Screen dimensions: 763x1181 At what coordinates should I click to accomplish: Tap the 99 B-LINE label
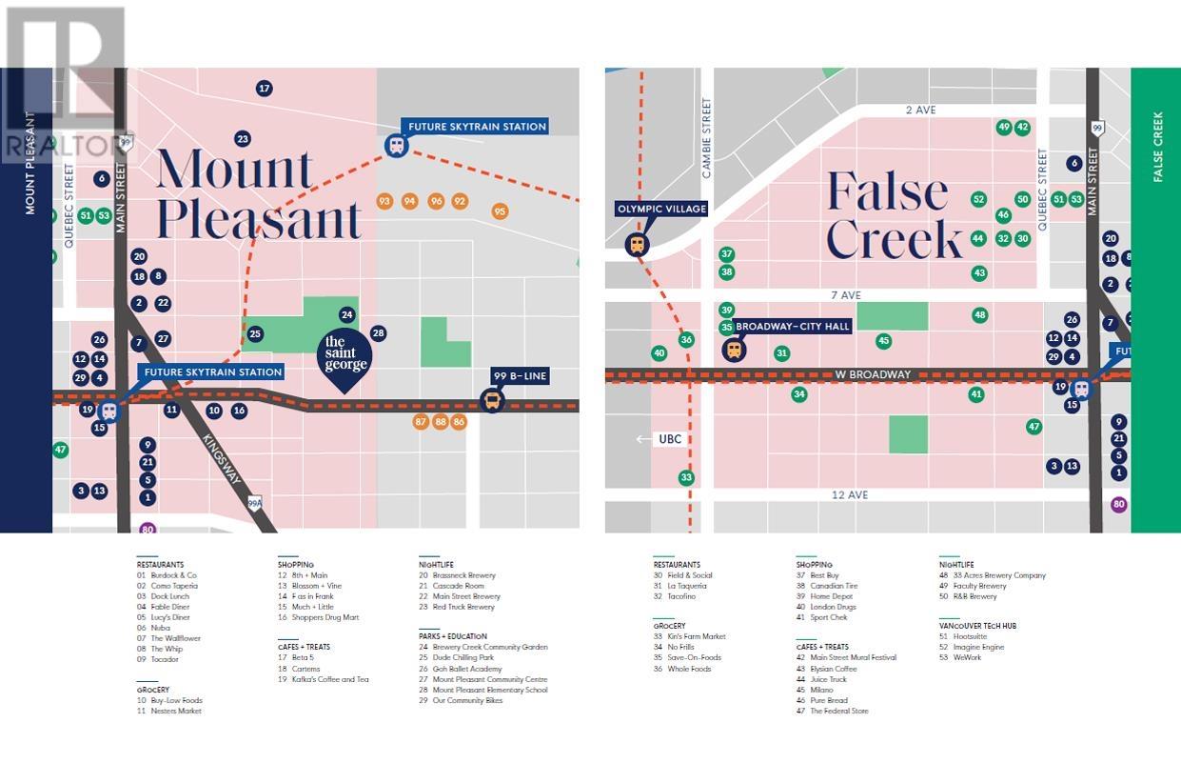pos(521,375)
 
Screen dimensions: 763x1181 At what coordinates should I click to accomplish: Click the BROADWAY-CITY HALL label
pos(793,326)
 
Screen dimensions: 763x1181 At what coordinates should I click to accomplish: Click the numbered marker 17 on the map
pos(265,89)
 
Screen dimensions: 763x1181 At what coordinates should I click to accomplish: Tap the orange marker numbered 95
pos(501,211)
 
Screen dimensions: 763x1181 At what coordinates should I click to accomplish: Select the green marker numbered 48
pos(980,315)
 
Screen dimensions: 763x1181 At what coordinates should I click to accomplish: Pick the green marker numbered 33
pos(686,477)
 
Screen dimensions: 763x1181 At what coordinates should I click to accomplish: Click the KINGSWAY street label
pos(221,459)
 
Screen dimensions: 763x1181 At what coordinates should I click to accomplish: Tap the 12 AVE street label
pos(849,495)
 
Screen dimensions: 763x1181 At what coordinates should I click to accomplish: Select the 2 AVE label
pos(920,110)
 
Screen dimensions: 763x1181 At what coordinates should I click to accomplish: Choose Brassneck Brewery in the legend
pos(463,575)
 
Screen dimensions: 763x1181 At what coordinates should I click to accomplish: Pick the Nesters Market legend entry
pos(176,711)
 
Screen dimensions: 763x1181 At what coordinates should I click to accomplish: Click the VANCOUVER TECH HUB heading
pos(977,626)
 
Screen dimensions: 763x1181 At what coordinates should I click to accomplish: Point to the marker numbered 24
pos(347,314)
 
